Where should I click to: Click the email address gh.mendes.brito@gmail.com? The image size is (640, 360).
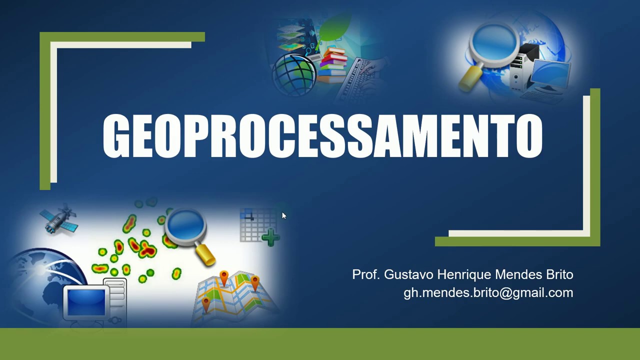coord(488,292)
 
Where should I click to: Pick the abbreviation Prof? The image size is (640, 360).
coord(366,274)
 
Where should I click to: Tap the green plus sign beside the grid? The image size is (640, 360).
coord(270,237)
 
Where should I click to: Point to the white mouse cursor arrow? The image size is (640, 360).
coord(283,215)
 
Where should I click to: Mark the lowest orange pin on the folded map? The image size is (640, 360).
coord(206,303)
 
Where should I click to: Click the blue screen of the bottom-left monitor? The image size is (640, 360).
coord(86,301)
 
